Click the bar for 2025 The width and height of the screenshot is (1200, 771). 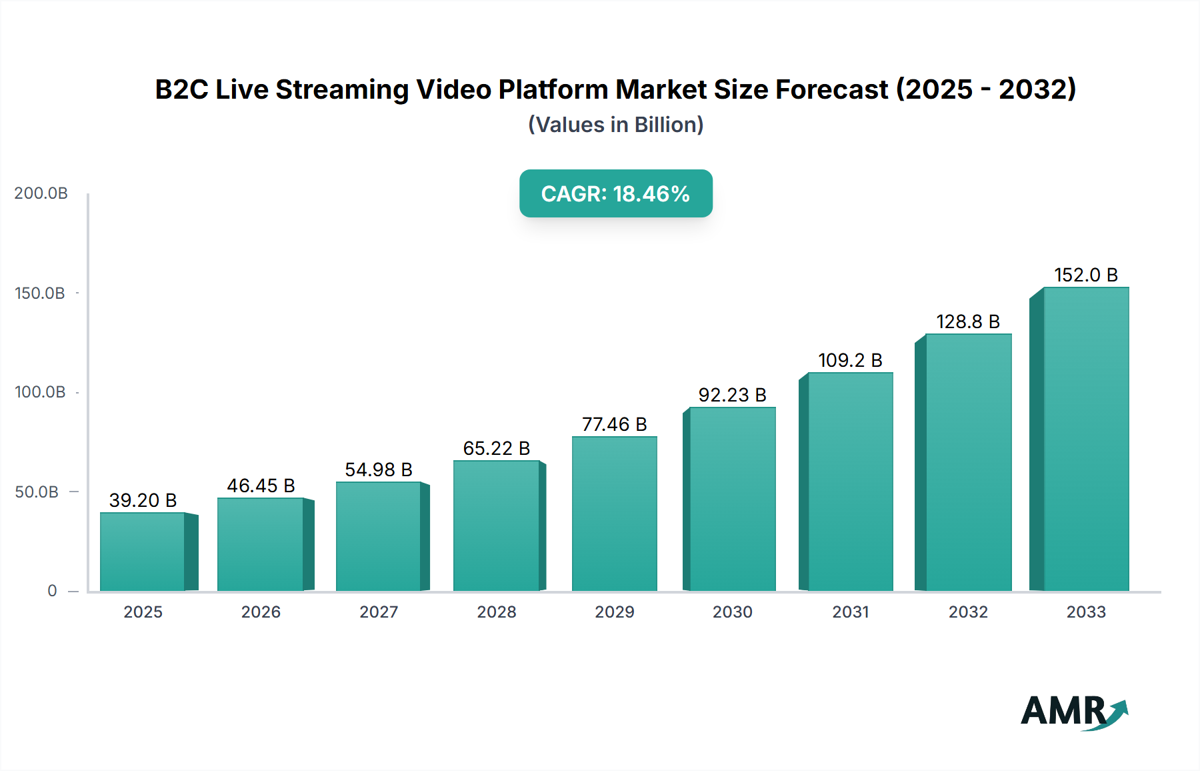coord(143,552)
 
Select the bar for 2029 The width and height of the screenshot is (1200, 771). coord(614,514)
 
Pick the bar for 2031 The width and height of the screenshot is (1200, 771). coord(850,482)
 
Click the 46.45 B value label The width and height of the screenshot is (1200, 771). coord(261,486)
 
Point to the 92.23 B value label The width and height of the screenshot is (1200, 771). coord(732,395)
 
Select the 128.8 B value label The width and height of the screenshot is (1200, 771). coord(968,321)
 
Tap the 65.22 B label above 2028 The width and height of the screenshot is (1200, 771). coord(497,448)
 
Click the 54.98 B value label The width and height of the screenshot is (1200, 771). coord(379,470)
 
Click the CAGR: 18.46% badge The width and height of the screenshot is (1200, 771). coord(615,193)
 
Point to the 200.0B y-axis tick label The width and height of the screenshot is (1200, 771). coord(41,193)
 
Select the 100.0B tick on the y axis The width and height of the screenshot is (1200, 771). coord(40,392)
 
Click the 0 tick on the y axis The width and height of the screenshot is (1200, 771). coord(52,591)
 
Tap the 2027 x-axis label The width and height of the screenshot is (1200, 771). coord(379,612)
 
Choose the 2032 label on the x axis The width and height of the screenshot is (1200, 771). coord(968,612)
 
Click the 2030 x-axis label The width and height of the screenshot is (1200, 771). coord(732,612)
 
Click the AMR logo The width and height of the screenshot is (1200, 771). coord(1073,712)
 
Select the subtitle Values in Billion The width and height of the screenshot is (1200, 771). coord(615,125)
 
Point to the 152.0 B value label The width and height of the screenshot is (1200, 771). coord(1085,275)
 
